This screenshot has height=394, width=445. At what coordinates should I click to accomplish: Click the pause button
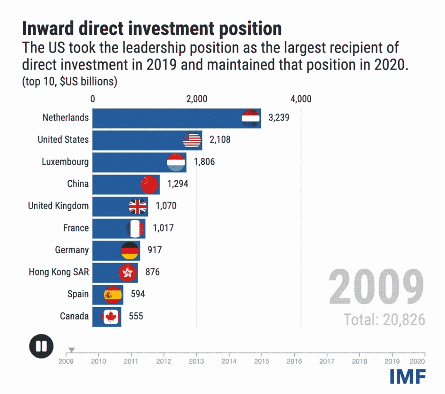coord(41,346)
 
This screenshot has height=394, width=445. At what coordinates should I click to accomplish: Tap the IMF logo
coord(408,376)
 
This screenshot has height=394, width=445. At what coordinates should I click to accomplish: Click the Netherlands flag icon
coord(251,118)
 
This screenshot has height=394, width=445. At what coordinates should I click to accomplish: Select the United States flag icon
coord(192,140)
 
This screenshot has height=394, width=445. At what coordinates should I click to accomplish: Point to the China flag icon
coord(149,184)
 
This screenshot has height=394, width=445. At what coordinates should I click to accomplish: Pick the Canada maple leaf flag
coord(111,317)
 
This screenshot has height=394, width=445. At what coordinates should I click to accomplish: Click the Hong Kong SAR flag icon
coord(128,273)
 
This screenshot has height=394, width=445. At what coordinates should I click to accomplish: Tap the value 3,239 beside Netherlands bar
coord(279,118)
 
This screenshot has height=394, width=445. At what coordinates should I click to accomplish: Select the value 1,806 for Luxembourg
coord(204,162)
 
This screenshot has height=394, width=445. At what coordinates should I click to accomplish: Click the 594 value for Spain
coord(138,294)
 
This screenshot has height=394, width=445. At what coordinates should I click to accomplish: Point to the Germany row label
coord(72,250)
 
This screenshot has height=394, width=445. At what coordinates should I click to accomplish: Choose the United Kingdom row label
coord(58,206)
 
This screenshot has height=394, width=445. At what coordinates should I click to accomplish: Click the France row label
coord(76,228)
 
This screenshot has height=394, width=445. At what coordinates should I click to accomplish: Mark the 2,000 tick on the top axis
coord(197,99)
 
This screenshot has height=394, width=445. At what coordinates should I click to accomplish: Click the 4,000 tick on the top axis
coord(301,99)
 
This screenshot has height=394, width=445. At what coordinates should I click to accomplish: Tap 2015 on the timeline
coord(262,361)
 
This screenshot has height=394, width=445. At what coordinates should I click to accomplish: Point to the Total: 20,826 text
coord(385,320)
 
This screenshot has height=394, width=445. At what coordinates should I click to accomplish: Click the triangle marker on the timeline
coord(72,350)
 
